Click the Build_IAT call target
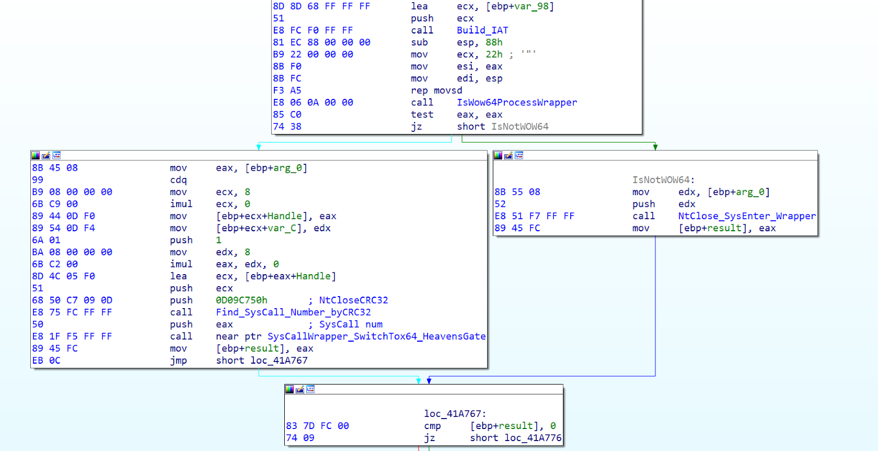(482, 30)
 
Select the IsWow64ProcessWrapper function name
(516, 102)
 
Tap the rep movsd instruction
(436, 90)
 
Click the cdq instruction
(178, 180)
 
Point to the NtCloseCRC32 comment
(353, 300)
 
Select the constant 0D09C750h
(241, 300)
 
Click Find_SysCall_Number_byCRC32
(293, 313)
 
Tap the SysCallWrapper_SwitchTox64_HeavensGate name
(376, 336)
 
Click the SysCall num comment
(351, 324)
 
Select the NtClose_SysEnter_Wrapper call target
(747, 216)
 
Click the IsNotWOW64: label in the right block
(663, 180)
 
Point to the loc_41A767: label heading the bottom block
(455, 414)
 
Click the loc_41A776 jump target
(533, 438)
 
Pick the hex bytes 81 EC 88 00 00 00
(322, 42)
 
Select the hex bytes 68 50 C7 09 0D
(72, 300)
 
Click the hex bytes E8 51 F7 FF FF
(534, 216)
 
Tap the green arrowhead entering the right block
(655, 147)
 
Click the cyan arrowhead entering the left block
(258, 147)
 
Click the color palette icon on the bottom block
(290, 389)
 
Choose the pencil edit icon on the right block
(508, 155)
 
